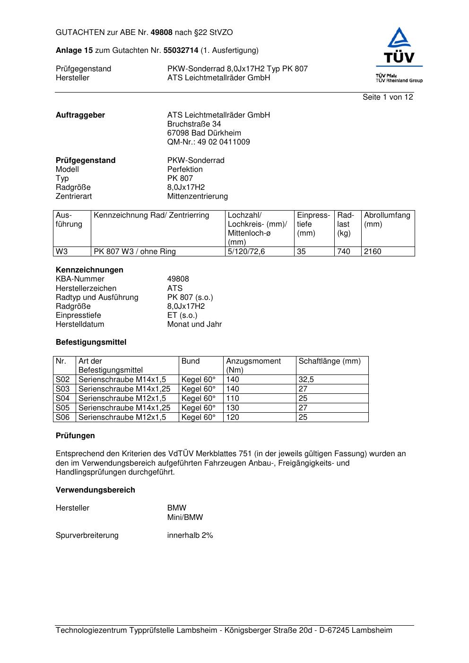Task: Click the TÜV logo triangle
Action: coord(400,38)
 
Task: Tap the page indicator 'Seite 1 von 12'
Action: coord(388,97)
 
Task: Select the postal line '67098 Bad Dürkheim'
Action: coord(204,133)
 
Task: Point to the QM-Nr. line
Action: coord(208,142)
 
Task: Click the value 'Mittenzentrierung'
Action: coord(197,196)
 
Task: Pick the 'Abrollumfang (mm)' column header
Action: coord(387,220)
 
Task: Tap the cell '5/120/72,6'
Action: coord(246,252)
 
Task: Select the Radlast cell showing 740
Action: coord(344,252)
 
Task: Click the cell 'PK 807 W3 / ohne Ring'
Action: coord(135,252)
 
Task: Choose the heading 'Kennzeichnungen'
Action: coord(89,270)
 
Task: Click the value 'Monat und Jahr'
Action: coord(194,324)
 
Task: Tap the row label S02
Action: coord(63,380)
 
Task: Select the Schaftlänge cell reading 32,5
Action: coord(306,380)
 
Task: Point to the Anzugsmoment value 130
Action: coord(233,408)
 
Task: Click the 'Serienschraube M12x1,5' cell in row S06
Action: coord(122,417)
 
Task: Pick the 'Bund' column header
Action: coord(191,361)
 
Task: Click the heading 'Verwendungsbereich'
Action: coord(96,490)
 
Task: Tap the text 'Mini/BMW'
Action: coord(185,518)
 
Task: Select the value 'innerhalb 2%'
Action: coord(190,535)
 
